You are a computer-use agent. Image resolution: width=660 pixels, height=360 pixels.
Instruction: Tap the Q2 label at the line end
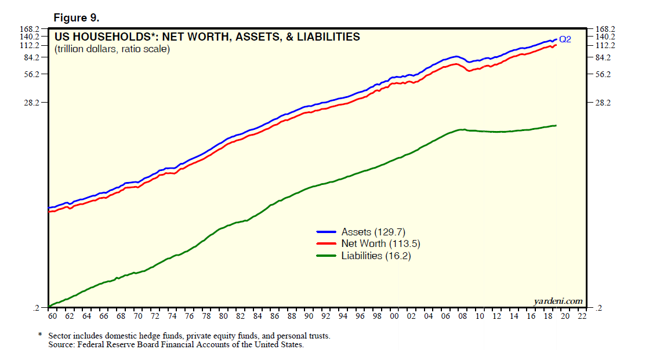(565, 39)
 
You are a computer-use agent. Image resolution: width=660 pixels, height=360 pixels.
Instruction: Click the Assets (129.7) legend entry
(372, 232)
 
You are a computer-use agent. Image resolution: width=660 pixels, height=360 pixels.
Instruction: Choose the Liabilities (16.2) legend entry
(376, 256)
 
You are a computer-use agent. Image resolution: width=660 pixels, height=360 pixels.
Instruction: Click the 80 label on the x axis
(223, 317)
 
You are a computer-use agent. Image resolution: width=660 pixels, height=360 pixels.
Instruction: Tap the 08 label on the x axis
(462, 317)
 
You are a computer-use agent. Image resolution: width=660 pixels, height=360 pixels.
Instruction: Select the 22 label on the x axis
(582, 317)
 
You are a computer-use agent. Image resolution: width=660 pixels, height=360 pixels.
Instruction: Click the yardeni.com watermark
(557, 301)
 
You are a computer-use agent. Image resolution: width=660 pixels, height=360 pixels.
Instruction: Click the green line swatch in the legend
(327, 256)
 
